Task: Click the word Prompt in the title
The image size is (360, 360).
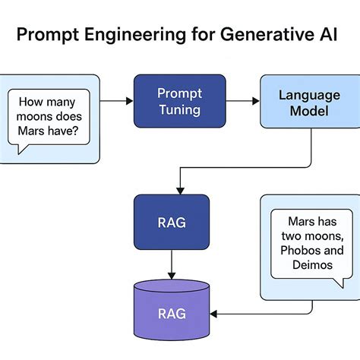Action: pyautogui.click(x=49, y=35)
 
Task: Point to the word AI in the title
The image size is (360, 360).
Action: pyautogui.click(x=320, y=35)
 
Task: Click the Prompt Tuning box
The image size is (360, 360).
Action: pyautogui.click(x=179, y=100)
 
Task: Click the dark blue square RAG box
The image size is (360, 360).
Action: pyautogui.click(x=171, y=222)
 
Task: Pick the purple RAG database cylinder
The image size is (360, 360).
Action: pyautogui.click(x=171, y=311)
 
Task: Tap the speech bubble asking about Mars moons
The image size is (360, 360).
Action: pyautogui.click(x=50, y=119)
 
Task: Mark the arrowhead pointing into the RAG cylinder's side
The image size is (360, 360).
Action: pyautogui.click(x=215, y=312)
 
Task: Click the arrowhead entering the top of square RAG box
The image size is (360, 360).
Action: pyautogui.click(x=178, y=190)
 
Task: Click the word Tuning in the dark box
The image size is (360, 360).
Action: pyautogui.click(x=179, y=109)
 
